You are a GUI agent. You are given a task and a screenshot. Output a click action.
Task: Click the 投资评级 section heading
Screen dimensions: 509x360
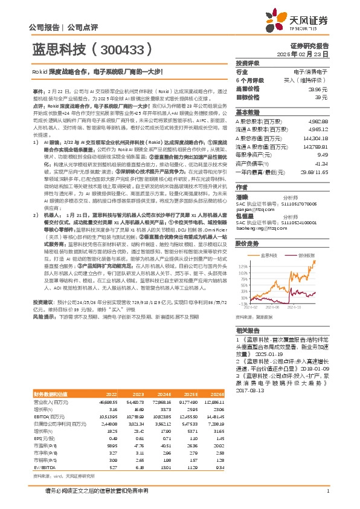pos(247,63)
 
